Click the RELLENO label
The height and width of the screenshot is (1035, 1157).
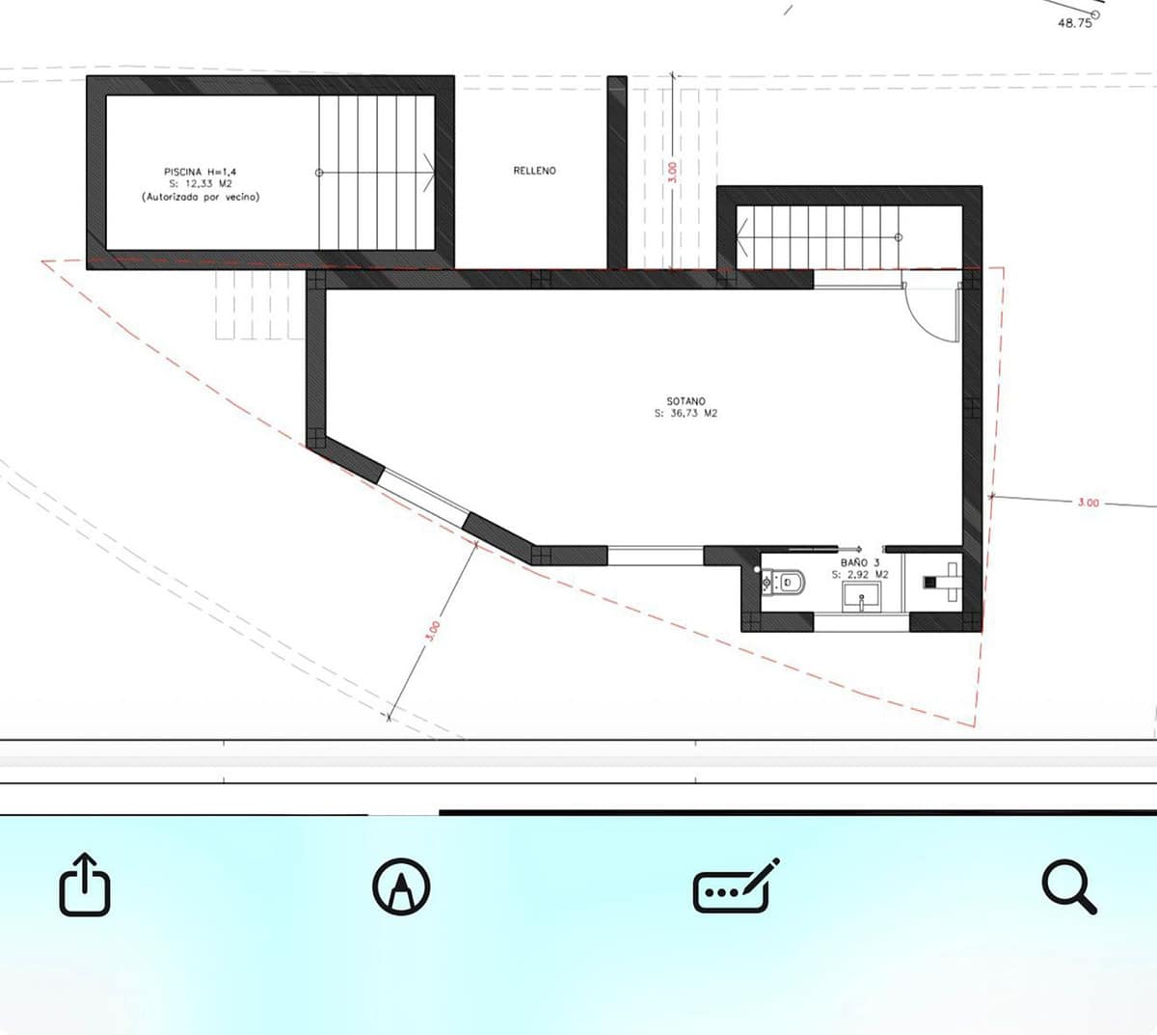pos(534,171)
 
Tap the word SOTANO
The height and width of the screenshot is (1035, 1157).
pos(686,401)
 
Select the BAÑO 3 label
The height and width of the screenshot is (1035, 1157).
pos(860,563)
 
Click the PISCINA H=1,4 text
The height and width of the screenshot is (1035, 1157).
pos(200,172)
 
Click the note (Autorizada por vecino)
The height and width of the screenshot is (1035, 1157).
pos(201,197)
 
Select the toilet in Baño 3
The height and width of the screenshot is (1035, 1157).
pos(783,583)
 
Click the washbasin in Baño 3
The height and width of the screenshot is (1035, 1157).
pos(861,597)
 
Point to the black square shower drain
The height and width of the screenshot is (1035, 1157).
pos(929,583)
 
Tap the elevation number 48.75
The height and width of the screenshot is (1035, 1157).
pos(1075,23)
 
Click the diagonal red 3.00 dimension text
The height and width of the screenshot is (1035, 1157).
pos(434,632)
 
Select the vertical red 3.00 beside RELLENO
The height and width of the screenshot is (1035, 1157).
pos(672,172)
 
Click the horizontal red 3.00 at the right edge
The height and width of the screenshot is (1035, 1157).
pos(1088,503)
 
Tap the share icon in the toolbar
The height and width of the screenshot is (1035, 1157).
pos(85,885)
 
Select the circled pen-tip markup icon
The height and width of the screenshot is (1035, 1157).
pos(401,886)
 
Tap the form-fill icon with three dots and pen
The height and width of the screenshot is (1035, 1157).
pos(736,885)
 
